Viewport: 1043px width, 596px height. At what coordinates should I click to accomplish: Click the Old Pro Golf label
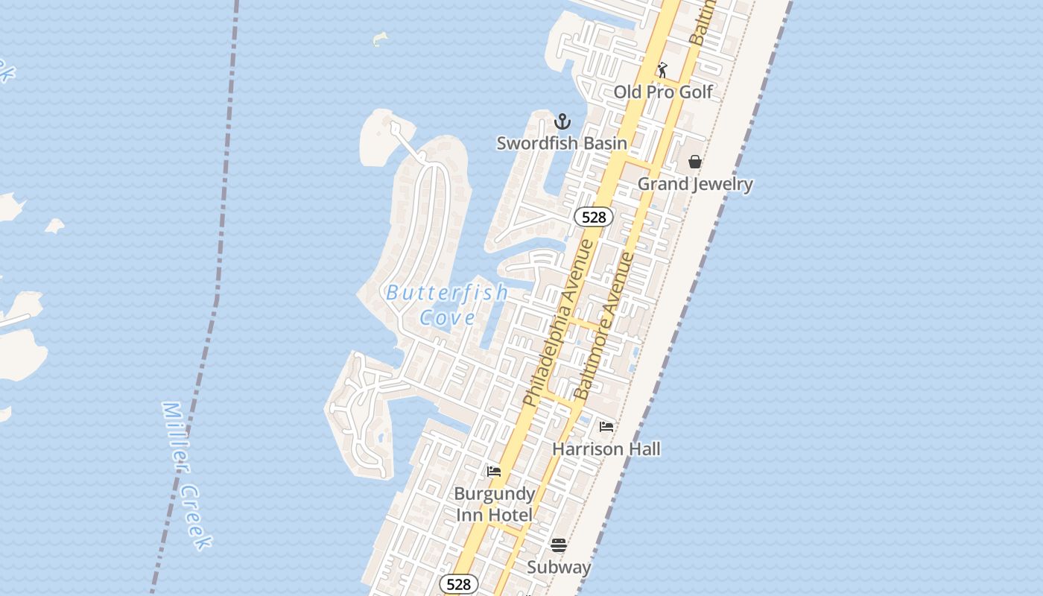[x=663, y=92]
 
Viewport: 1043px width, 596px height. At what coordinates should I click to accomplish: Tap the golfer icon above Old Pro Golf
[x=662, y=70]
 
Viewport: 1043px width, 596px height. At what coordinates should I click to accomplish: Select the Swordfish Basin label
[x=562, y=142]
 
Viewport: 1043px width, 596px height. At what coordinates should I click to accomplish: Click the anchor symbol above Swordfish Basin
[x=562, y=121]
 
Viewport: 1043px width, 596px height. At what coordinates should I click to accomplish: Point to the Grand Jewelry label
[x=695, y=183]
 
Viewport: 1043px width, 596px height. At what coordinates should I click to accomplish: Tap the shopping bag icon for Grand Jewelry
[x=695, y=162]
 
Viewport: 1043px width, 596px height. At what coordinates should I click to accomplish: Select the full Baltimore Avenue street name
[x=604, y=326]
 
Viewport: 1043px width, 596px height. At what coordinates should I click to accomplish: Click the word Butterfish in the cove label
[x=446, y=293]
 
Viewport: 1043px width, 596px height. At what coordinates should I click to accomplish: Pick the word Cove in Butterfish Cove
[x=447, y=318]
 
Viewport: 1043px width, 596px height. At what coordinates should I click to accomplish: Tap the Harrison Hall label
[x=606, y=448]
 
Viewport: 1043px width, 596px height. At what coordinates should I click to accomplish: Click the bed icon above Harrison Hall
[x=606, y=427]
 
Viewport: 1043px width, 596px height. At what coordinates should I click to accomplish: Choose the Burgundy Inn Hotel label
[x=494, y=504]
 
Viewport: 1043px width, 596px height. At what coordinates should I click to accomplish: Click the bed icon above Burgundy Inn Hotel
[x=493, y=472]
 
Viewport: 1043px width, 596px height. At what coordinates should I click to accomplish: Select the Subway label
[x=559, y=567]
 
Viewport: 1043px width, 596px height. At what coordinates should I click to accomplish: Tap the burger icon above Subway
[x=559, y=545]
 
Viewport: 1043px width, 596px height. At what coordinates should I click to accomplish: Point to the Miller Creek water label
[x=186, y=476]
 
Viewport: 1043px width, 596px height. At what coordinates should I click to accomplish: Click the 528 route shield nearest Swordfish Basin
[x=593, y=217]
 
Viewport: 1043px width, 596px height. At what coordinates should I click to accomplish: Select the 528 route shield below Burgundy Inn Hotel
[x=458, y=584]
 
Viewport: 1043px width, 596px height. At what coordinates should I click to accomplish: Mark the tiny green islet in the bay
[x=381, y=38]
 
